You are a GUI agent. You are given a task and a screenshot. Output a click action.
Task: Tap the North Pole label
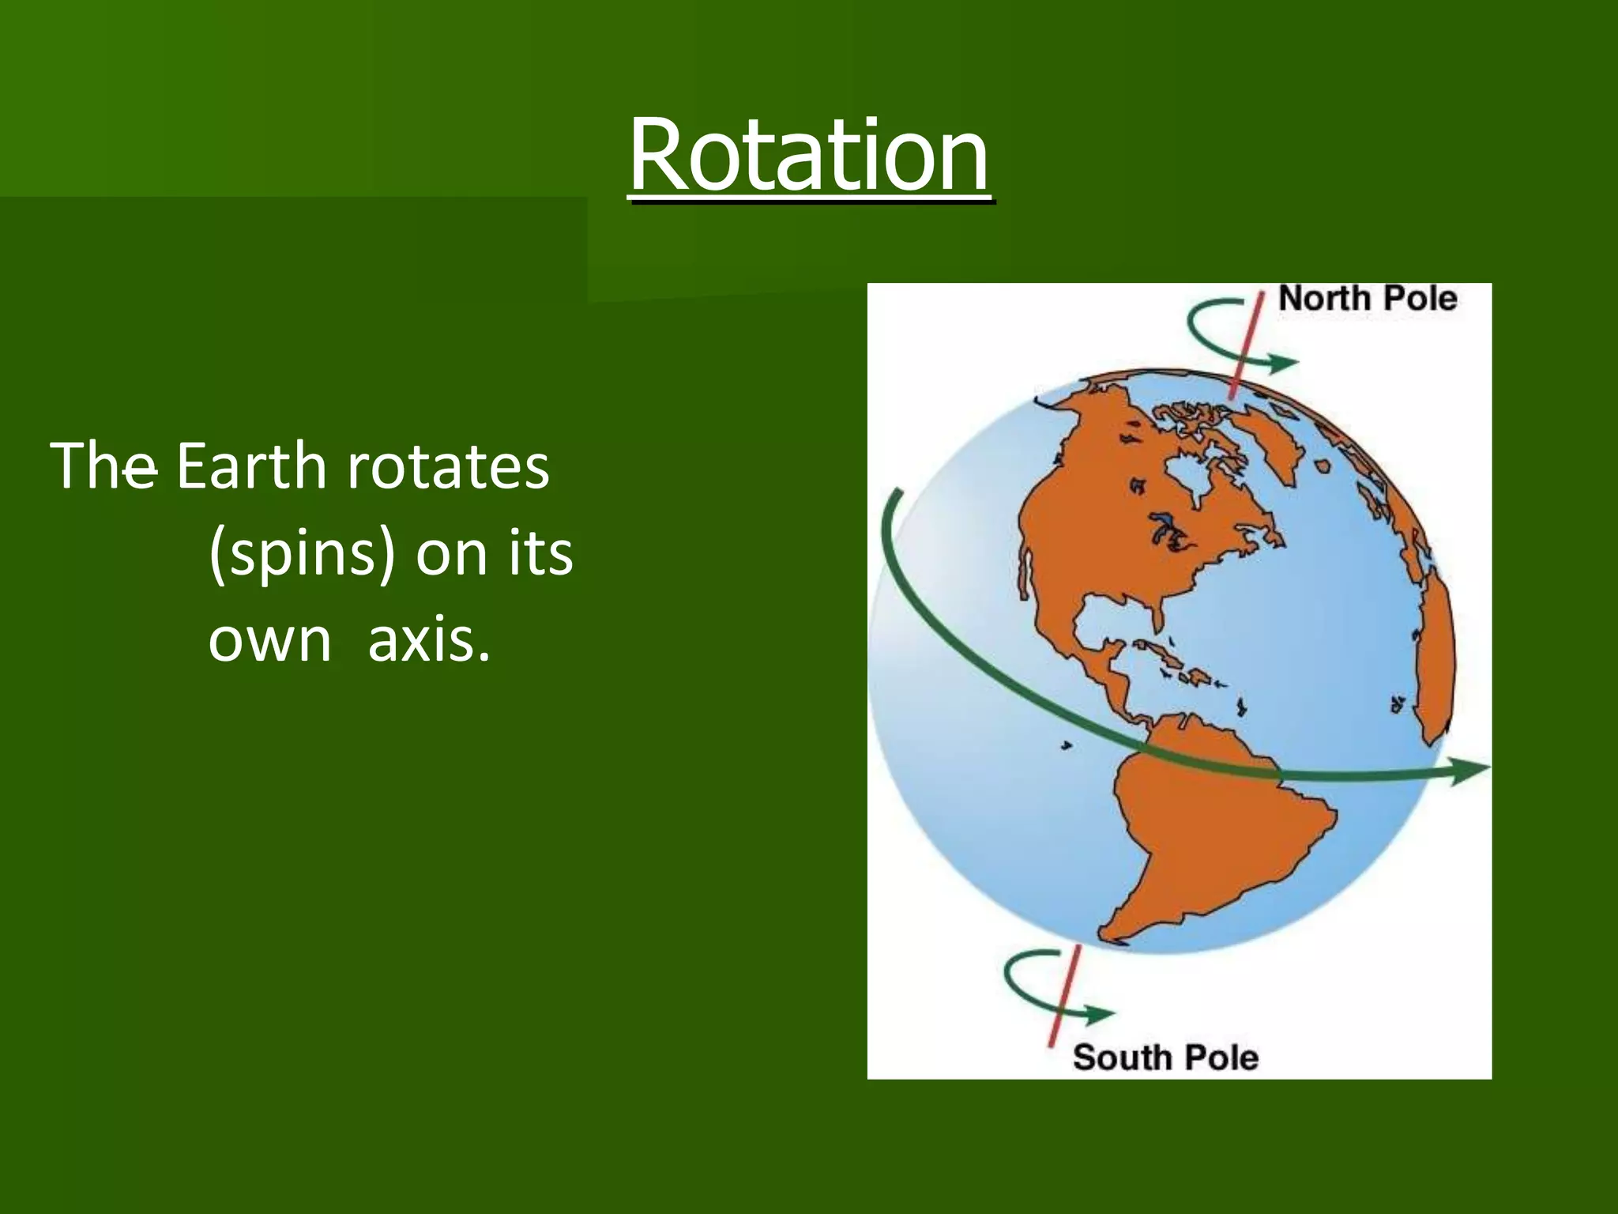(x=1368, y=299)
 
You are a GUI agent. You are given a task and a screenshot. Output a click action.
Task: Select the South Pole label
(x=1165, y=1058)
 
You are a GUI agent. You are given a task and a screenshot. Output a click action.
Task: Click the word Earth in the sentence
(x=250, y=466)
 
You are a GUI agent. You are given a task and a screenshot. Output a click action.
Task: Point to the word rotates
(x=448, y=466)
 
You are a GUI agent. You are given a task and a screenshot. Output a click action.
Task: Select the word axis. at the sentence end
(x=429, y=640)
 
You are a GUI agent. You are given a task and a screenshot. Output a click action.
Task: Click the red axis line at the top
(x=1246, y=348)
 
